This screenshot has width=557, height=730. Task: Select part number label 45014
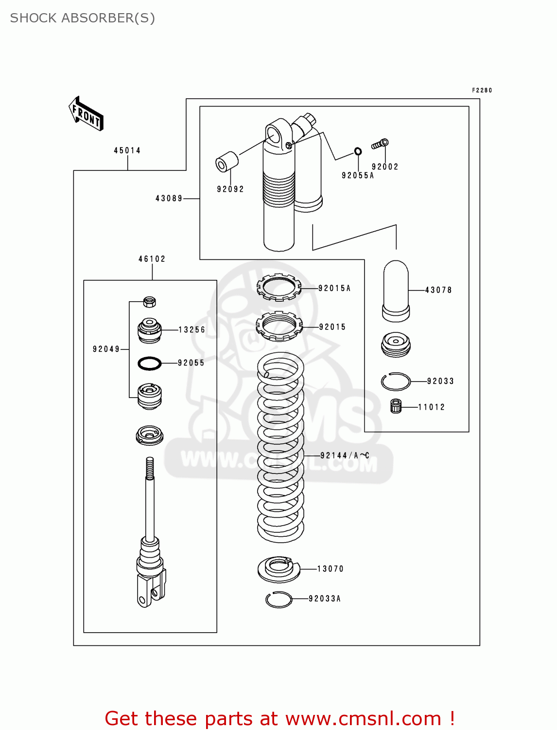point(127,151)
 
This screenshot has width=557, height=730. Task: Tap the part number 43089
point(169,199)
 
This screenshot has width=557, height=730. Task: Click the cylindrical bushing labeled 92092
point(226,162)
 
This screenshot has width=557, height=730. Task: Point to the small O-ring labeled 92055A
point(358,151)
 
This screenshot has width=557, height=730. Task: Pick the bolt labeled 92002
point(380,144)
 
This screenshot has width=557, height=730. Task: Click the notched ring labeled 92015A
point(279,287)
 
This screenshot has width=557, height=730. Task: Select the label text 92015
point(332,327)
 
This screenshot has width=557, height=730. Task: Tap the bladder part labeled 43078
point(396,291)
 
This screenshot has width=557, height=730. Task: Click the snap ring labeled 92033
point(396,382)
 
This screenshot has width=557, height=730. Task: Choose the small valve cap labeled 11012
point(396,406)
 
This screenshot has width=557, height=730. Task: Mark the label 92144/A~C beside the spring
point(345,456)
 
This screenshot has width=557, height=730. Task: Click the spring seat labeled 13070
point(279,569)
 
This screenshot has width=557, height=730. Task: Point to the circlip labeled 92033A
point(279,600)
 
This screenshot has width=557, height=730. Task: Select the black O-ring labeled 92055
point(150,363)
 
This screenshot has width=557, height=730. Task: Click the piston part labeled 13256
point(150,330)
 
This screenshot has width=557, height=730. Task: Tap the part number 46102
point(152,259)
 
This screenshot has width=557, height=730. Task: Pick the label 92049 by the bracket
point(106,349)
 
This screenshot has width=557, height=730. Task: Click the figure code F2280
point(482,91)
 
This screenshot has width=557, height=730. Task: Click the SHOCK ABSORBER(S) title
point(83,18)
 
